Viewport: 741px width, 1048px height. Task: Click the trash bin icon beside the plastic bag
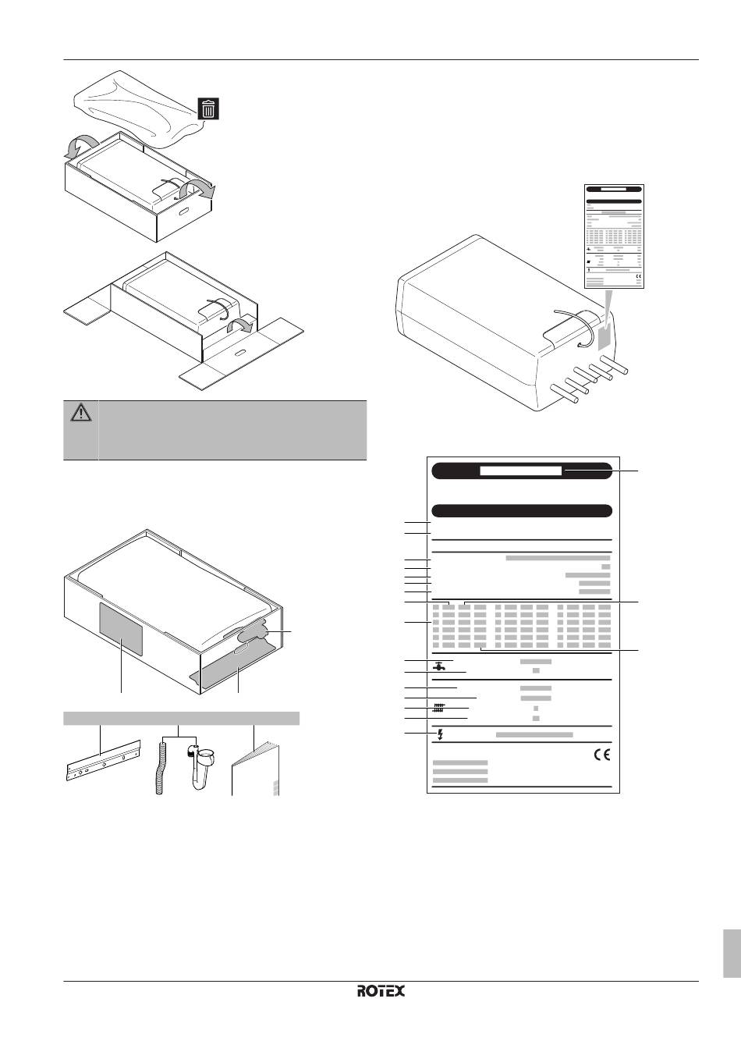click(x=208, y=108)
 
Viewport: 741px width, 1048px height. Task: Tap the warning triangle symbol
click(x=81, y=414)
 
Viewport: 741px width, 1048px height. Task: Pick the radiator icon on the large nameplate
click(x=438, y=709)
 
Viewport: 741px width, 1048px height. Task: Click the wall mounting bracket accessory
click(x=102, y=761)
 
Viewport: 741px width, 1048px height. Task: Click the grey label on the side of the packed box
click(x=121, y=628)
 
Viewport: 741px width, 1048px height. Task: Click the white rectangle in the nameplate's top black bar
click(x=520, y=471)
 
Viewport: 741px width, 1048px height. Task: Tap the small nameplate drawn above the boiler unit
click(x=615, y=237)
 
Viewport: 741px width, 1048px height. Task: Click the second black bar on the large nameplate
click(x=521, y=511)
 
